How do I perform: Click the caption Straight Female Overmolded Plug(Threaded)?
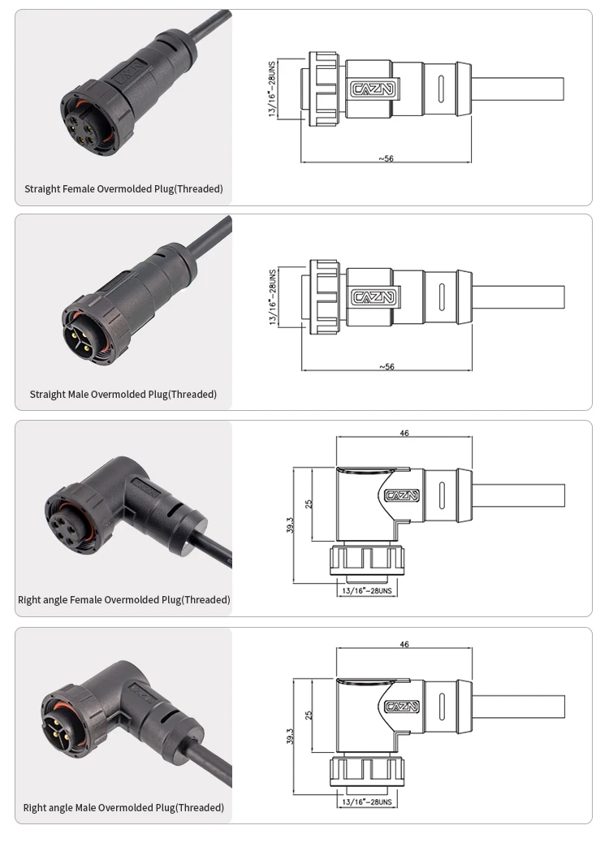[123, 189]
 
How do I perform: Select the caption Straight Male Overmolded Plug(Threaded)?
[123, 395]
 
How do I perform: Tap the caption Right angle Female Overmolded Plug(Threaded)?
[123, 599]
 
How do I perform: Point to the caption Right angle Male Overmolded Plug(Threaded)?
[123, 807]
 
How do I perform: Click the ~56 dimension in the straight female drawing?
[386, 158]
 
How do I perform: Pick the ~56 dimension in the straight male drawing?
[387, 366]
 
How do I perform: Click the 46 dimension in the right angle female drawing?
[404, 433]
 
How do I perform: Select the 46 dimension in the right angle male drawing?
[404, 645]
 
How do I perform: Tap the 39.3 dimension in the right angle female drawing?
[290, 525]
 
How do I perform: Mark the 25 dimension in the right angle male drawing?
[309, 715]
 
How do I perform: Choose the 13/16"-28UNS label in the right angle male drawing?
[366, 802]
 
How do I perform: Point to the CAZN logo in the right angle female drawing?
[402, 495]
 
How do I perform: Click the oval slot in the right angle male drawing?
[443, 707]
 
